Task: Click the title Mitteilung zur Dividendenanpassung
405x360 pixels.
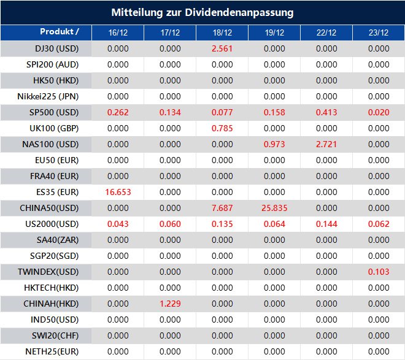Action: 202,12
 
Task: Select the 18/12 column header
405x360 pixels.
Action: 222,33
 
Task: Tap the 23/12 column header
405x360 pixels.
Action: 379,33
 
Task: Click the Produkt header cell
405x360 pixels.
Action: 60,31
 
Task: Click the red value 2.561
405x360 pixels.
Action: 222,48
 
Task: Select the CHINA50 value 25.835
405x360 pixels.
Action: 274,208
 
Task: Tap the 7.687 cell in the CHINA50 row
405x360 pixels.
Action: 222,208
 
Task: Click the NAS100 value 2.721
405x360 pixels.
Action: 326,144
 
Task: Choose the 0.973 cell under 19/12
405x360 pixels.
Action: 274,144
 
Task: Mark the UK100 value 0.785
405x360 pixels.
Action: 222,128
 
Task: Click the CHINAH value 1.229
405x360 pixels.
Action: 170,304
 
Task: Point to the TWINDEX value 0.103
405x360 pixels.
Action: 379,272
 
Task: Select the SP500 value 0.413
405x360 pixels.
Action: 326,112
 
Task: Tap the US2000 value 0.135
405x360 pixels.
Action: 222,224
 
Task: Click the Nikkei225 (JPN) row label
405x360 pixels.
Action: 48,96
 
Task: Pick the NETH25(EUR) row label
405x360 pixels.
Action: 52,351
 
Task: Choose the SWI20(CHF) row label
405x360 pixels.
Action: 55,335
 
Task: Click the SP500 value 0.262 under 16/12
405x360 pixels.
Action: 118,112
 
